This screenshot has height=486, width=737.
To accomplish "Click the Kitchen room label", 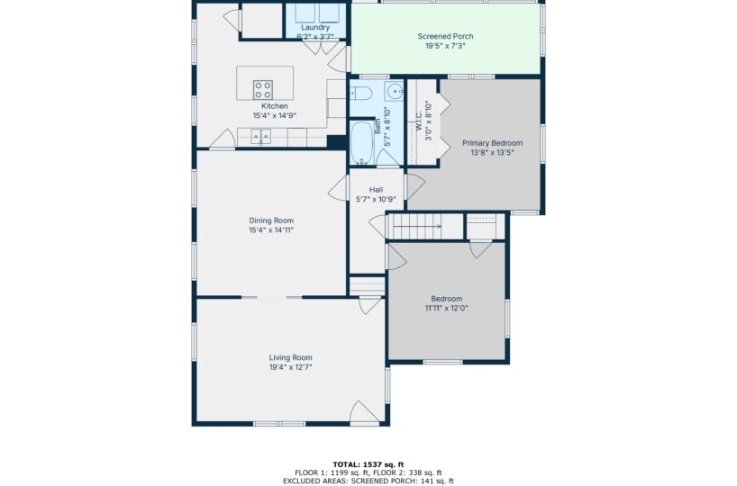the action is coord(275,106).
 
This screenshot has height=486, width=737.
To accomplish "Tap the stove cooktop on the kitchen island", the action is coord(263,90).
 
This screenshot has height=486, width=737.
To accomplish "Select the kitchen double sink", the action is coord(261,136).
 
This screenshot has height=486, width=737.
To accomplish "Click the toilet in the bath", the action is coord(361,94).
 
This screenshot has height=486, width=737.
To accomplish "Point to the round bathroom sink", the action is coord(394,91).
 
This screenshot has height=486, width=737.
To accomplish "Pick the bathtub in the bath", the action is coord(362,143).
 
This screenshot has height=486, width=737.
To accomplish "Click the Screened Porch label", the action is coord(446,36).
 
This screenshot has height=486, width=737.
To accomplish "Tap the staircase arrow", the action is coord(417,226).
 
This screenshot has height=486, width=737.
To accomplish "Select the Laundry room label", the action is coord(315,28).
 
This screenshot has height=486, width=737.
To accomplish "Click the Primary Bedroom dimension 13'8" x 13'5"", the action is coord(492,153).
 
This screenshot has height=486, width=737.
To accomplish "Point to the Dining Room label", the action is coord(271,220).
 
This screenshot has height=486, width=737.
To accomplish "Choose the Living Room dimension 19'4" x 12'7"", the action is coord(290,367).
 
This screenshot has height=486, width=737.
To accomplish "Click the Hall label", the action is coord(376,190).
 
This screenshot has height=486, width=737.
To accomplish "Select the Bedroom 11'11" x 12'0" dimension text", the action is coord(447,308).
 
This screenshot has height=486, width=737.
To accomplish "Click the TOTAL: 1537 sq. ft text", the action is coord(368,465).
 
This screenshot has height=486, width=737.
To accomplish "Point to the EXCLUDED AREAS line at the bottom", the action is coord(368,481).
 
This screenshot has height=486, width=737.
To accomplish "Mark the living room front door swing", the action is coord(364,411).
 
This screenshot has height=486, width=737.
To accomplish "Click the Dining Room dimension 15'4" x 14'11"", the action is coord(271,230).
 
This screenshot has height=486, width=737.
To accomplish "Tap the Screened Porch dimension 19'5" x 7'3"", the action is coord(446,46).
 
